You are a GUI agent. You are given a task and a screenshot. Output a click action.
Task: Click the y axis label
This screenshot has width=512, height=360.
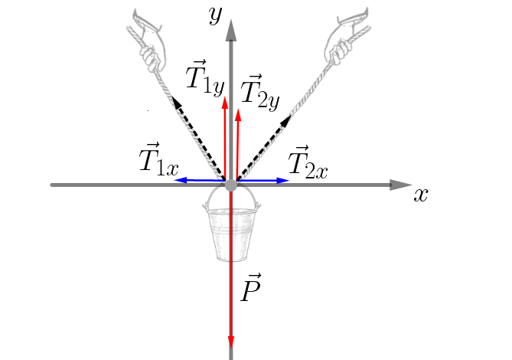click(x=216, y=15)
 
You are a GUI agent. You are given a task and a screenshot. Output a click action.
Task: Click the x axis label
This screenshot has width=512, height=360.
click(x=421, y=195)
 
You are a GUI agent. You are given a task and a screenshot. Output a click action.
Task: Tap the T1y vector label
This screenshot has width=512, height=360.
click(x=205, y=77)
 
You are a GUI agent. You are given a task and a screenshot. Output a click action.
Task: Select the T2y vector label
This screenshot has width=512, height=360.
click(x=260, y=92)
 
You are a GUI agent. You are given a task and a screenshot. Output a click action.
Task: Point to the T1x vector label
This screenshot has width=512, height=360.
click(x=159, y=159)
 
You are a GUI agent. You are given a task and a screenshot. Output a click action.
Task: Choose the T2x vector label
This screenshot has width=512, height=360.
click(x=308, y=162)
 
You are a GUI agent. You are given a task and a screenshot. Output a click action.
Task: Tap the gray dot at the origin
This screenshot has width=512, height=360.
click(x=231, y=185)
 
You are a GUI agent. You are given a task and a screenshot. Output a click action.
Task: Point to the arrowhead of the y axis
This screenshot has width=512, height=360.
click(x=231, y=31)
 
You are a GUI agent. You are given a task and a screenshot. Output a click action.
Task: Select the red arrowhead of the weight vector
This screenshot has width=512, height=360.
click(x=231, y=342)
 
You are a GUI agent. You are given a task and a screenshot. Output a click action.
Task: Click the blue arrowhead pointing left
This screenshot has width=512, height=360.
click(x=181, y=180)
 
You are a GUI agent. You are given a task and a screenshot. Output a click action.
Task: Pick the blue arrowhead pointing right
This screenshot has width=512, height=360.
click(x=282, y=180)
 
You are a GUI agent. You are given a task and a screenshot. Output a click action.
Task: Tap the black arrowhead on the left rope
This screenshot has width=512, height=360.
click(x=177, y=103)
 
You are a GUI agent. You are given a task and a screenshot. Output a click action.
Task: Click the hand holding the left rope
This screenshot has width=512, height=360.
click(x=148, y=41)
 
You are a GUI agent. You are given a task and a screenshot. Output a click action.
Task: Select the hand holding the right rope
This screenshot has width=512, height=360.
click(x=347, y=37)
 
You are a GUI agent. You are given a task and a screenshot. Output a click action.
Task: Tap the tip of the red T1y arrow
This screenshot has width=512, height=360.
click(x=225, y=97)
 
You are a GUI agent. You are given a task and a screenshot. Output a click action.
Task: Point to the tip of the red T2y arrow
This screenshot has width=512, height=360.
click(x=238, y=109)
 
